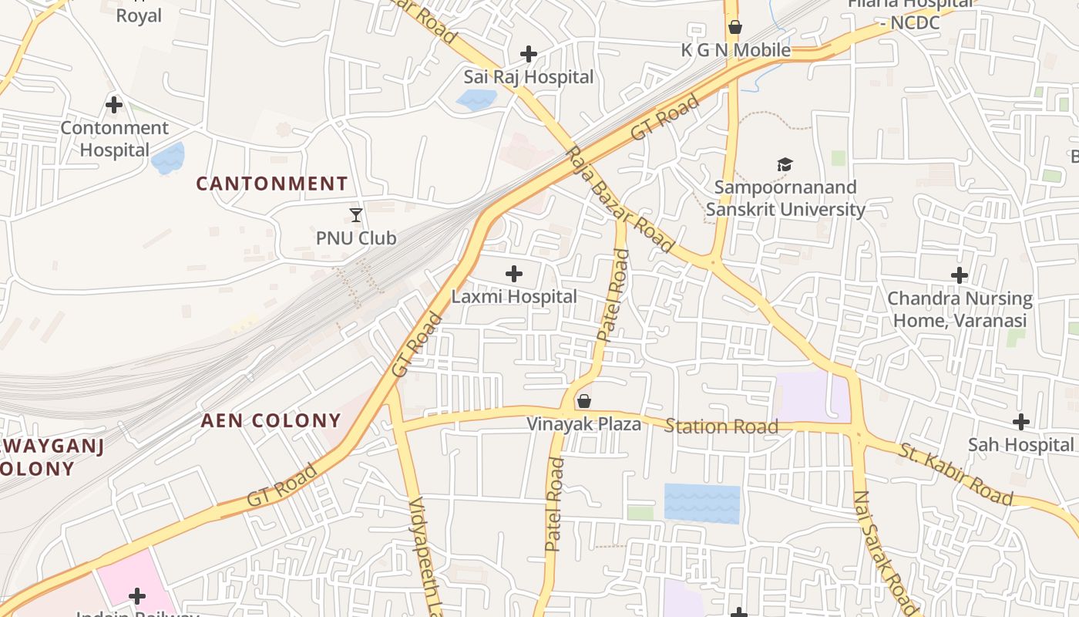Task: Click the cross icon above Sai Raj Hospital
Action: click(529, 54)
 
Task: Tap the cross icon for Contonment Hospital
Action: click(114, 104)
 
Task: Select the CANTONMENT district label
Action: click(271, 184)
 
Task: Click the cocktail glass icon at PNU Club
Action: click(356, 215)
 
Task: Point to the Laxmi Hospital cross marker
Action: click(514, 274)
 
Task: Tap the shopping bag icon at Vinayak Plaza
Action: click(584, 401)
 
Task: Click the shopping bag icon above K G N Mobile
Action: click(735, 28)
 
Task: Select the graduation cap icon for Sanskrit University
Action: click(785, 164)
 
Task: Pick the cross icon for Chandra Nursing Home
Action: click(960, 275)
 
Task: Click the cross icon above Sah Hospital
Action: click(1021, 422)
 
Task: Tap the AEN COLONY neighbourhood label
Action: click(271, 420)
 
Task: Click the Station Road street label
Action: click(721, 427)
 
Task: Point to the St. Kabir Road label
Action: click(955, 473)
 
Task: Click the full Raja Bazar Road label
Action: click(620, 199)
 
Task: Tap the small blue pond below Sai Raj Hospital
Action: click(476, 99)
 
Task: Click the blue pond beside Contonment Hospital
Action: click(168, 158)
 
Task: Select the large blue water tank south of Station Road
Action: click(701, 504)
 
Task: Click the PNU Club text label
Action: click(356, 238)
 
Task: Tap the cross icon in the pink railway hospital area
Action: click(137, 596)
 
